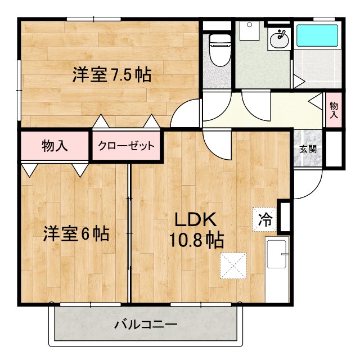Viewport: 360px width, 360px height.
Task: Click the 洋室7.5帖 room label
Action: [x=111, y=75]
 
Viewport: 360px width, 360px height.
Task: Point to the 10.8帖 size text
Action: [x=196, y=240]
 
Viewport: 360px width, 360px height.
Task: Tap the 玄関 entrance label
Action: [x=307, y=149]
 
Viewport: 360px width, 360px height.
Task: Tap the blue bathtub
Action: [x=317, y=35]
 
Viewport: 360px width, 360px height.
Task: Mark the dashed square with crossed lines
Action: [x=233, y=265]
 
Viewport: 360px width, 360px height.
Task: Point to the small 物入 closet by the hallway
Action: [x=334, y=109]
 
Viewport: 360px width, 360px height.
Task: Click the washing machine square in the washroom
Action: [x=248, y=30]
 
